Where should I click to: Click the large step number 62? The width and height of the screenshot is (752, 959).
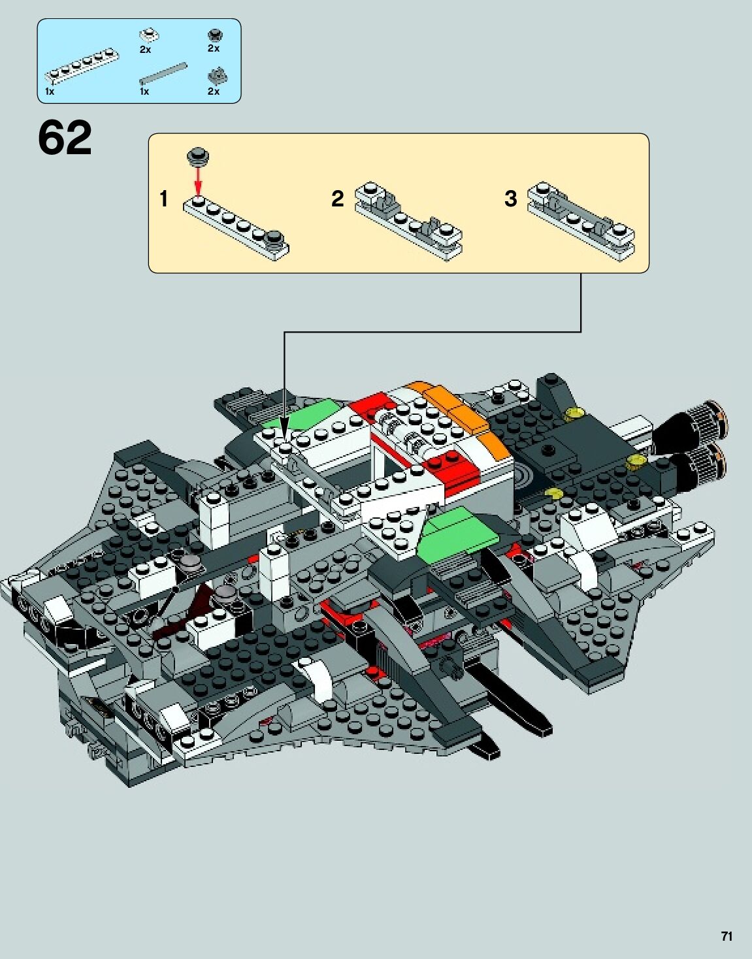pyautogui.click(x=65, y=138)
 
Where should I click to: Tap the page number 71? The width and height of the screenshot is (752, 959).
pyautogui.click(x=727, y=936)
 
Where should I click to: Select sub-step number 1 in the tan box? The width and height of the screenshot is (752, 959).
pyautogui.click(x=164, y=199)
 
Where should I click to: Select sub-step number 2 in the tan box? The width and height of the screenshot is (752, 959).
pyautogui.click(x=337, y=199)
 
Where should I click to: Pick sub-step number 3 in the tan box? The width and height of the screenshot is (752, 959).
pyautogui.click(x=510, y=199)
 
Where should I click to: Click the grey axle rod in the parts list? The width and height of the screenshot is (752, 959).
pyautogui.click(x=163, y=73)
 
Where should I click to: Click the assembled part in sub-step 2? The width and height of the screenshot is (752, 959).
pyautogui.click(x=408, y=220)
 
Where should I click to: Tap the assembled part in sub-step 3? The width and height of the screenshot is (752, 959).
pyautogui.click(x=581, y=220)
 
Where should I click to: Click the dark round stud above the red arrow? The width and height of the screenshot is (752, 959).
pyautogui.click(x=198, y=156)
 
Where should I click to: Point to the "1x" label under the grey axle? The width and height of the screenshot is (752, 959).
pyautogui.click(x=144, y=91)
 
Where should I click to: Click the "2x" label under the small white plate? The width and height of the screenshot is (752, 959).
pyautogui.click(x=145, y=49)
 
